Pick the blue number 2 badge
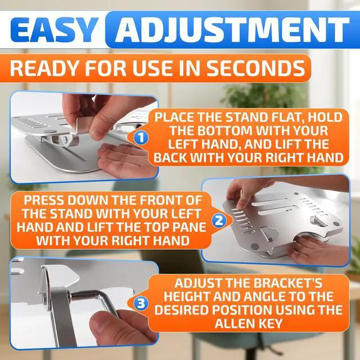[219, 222]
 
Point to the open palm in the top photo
[121, 157]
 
